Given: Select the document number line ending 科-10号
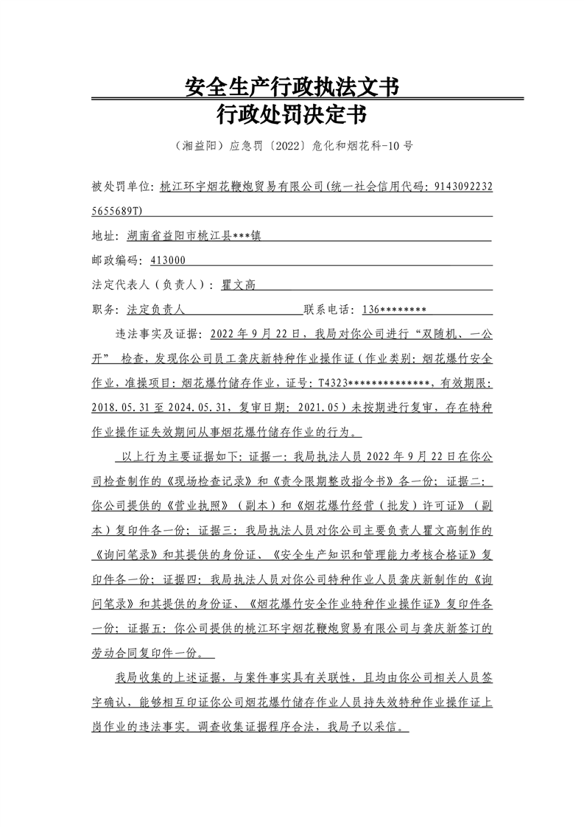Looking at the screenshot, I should tap(292, 146).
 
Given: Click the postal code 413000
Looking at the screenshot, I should tap(167, 260).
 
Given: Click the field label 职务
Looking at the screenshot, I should tap(105, 309).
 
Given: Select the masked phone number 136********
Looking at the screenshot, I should tap(394, 309).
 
